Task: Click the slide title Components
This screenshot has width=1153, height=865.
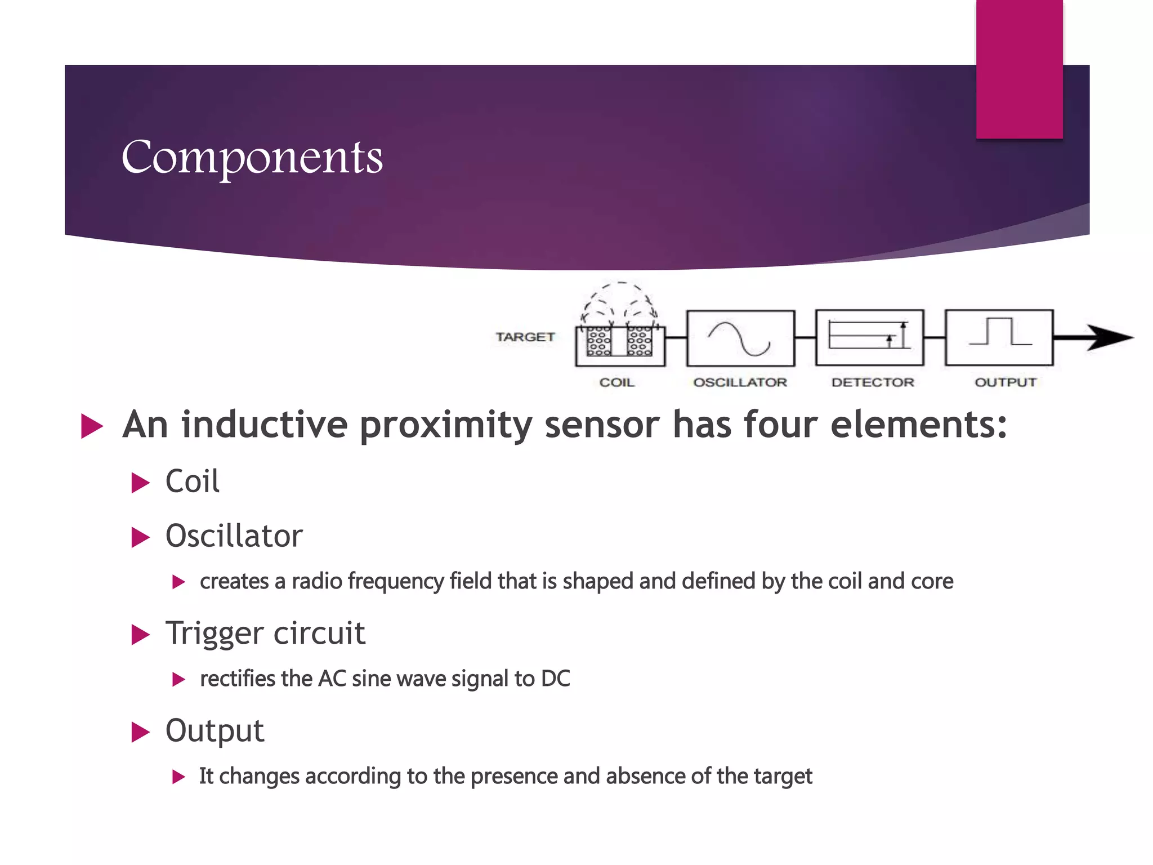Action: coord(252,158)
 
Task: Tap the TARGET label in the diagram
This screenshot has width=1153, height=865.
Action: coord(525,337)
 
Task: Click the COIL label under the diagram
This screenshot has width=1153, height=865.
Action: coord(616,382)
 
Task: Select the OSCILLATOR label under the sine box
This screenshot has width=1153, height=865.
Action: coord(740,382)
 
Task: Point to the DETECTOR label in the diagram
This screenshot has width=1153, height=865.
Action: coord(873,382)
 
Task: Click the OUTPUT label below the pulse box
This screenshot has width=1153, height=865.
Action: coord(1005,382)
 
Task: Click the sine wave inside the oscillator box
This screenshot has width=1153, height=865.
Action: coord(739,338)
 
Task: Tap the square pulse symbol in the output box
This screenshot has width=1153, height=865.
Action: coord(1000,332)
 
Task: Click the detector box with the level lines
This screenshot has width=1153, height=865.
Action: coord(869,337)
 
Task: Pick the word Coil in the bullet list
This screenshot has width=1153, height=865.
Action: coord(192,481)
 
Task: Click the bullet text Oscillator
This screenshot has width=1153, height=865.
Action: coord(234,536)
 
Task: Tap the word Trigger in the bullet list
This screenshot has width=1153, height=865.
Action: coord(214,634)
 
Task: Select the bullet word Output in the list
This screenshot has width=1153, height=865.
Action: coord(214,731)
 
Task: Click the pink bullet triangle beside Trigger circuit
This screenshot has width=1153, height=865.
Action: coord(140,635)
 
